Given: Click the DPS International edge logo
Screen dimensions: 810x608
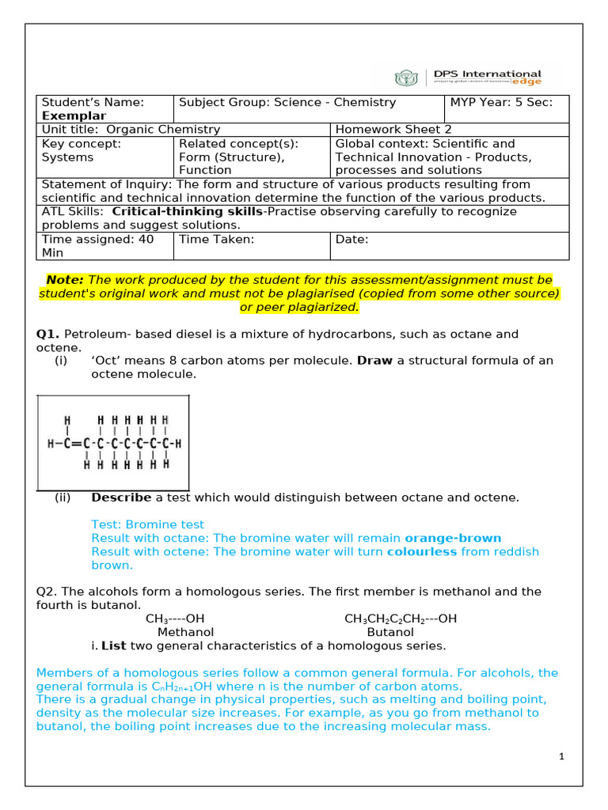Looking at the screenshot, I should coord(468,78).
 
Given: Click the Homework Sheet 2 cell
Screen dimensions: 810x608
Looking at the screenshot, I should coord(383,130).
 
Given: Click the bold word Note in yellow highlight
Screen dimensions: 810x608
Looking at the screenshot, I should coord(65,280).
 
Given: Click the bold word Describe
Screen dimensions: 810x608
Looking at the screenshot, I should coord(121,498).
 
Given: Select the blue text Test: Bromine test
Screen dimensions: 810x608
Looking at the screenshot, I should coord(147,524).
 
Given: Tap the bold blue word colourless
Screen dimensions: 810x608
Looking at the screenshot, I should coord(421,551).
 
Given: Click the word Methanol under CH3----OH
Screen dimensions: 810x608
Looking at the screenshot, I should coord(185,632).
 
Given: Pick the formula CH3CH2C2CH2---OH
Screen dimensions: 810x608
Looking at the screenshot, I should coord(401,619).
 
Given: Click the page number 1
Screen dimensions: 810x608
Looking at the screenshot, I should coord(561,757).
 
